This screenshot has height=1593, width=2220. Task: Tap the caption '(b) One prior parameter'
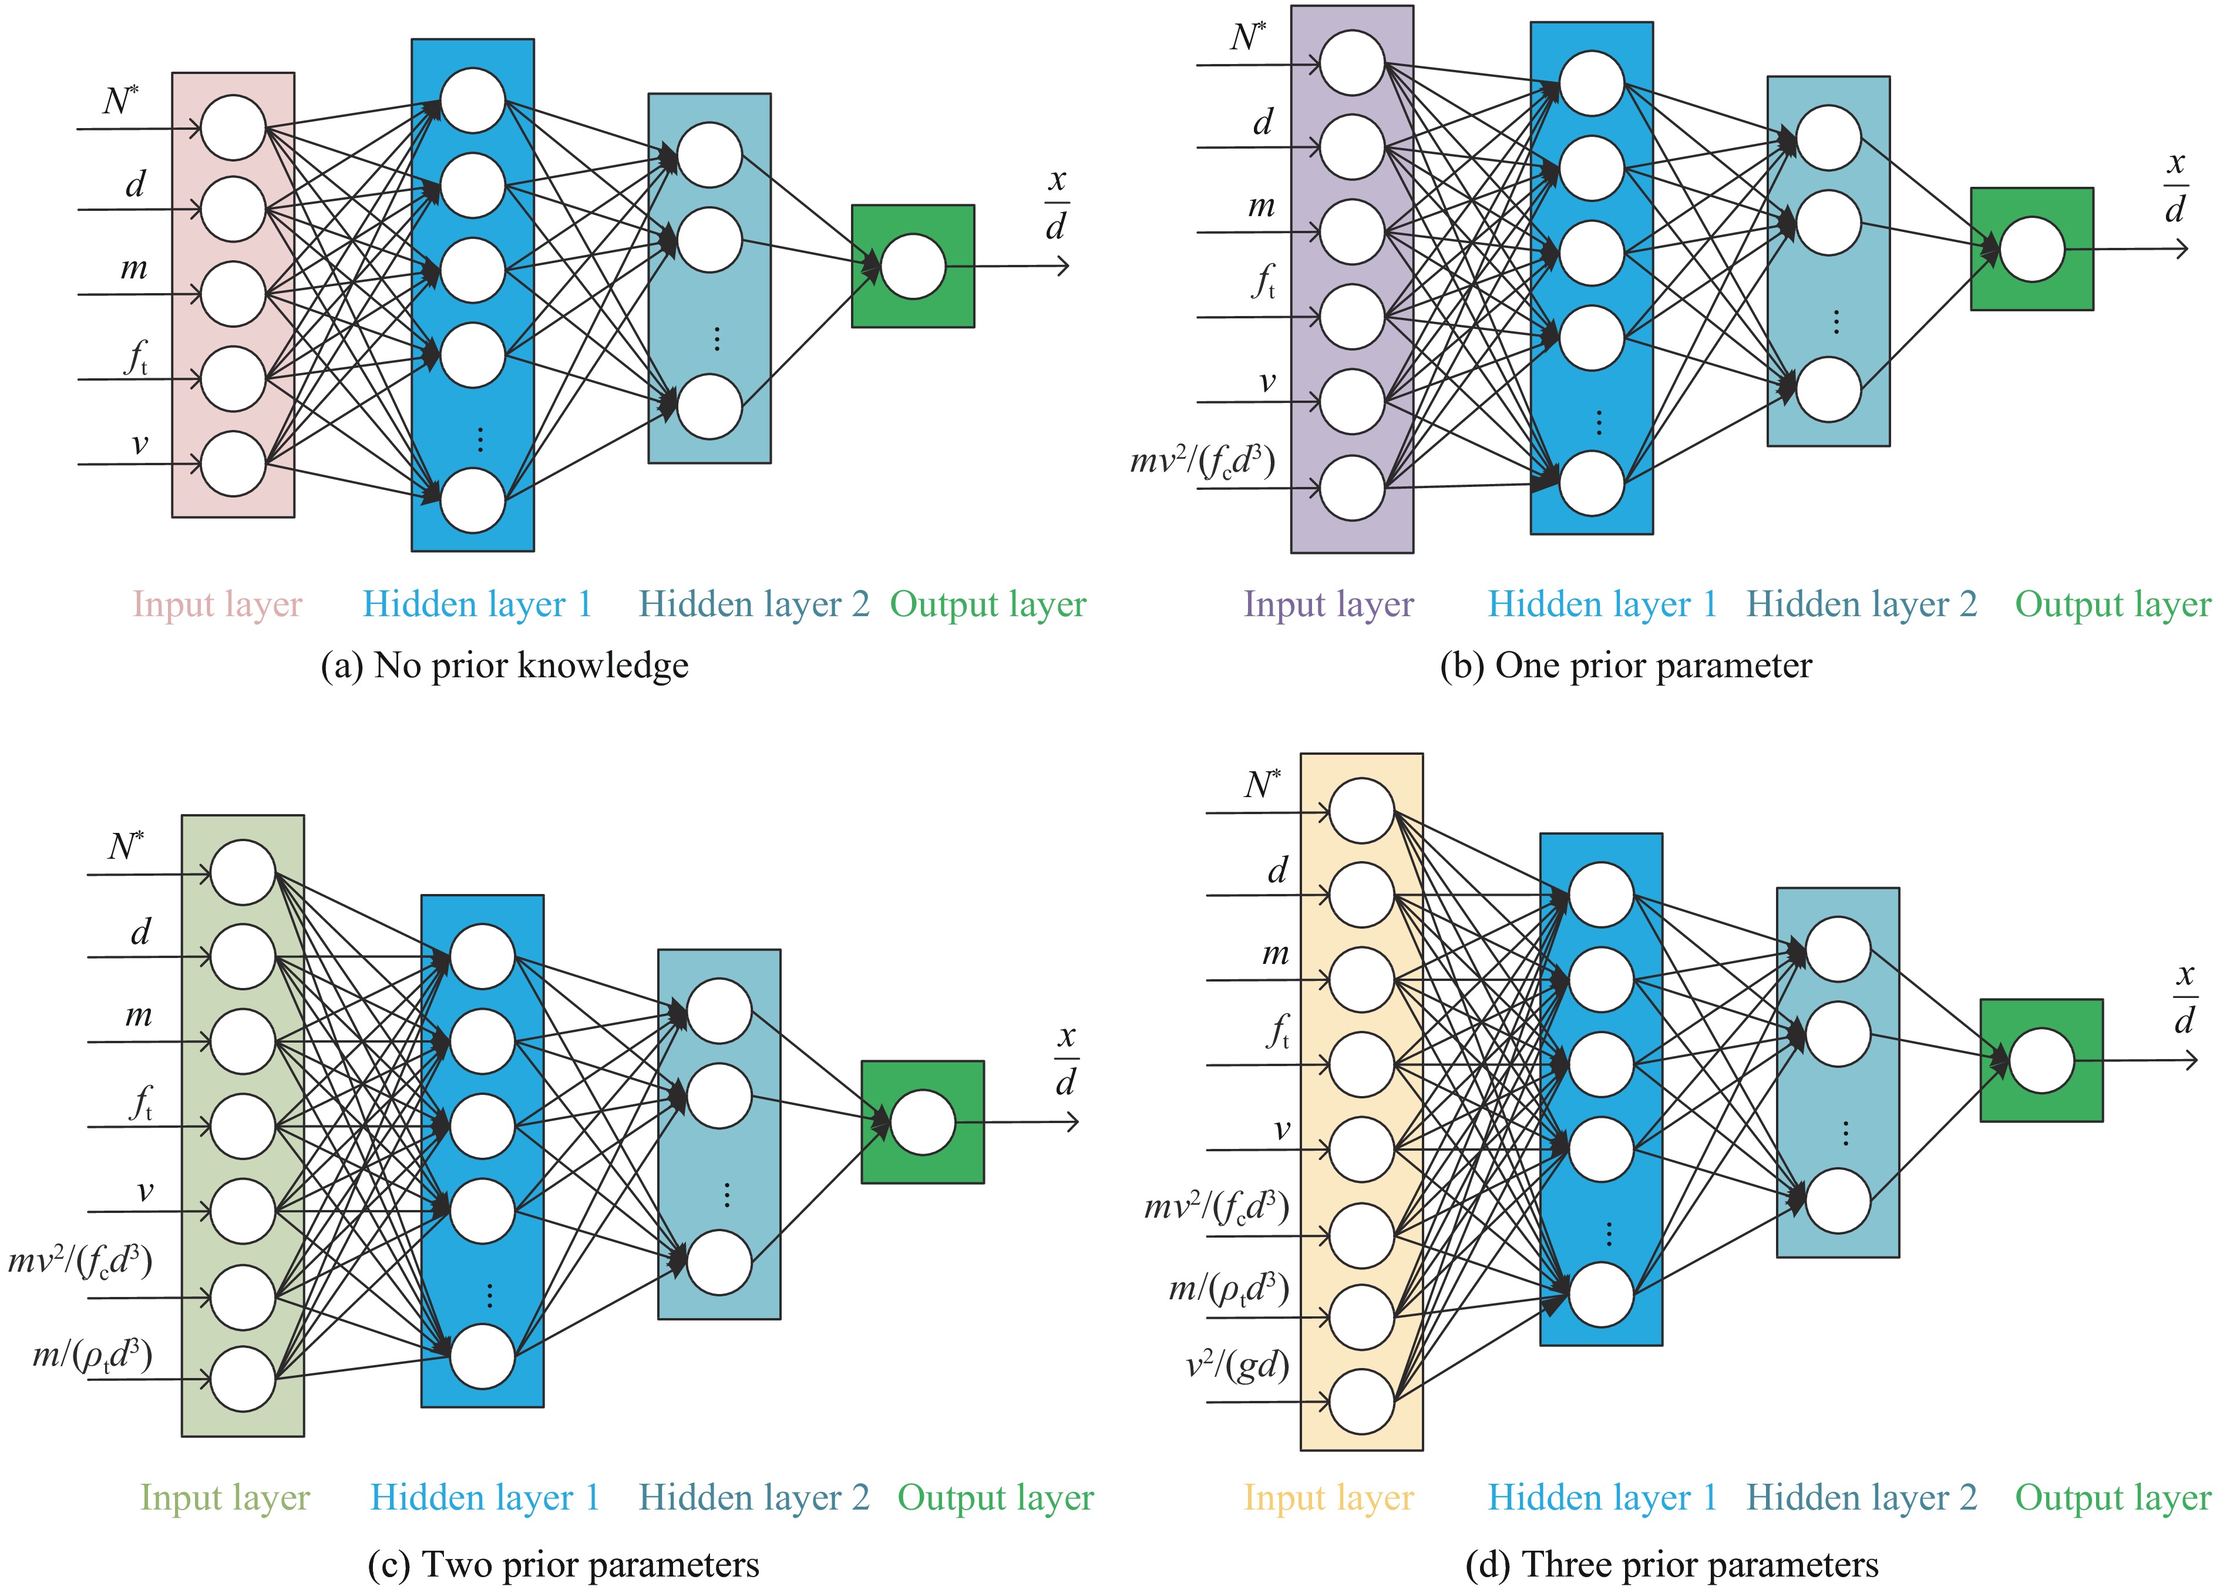click(x=1626, y=666)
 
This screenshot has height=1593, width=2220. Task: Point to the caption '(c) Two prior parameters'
click(x=563, y=1565)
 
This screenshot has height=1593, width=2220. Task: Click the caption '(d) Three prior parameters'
click(x=1672, y=1565)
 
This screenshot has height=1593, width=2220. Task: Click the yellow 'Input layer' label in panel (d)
click(x=1328, y=1498)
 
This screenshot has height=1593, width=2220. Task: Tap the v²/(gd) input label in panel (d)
click(x=1237, y=1365)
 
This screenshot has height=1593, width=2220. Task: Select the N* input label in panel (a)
click(x=122, y=100)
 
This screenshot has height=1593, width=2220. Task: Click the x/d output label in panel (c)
click(x=1066, y=1060)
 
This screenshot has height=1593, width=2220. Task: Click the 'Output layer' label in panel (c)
click(x=995, y=1498)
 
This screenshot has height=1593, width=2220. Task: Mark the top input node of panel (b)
click(x=1352, y=63)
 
